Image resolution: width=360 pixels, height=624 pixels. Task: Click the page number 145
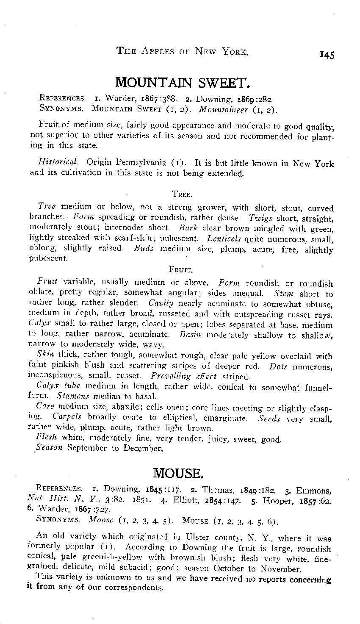(327, 55)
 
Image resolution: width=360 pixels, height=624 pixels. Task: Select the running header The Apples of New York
(182, 52)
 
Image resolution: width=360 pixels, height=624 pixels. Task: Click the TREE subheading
(183, 194)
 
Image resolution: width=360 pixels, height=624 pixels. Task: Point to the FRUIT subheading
(181, 269)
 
